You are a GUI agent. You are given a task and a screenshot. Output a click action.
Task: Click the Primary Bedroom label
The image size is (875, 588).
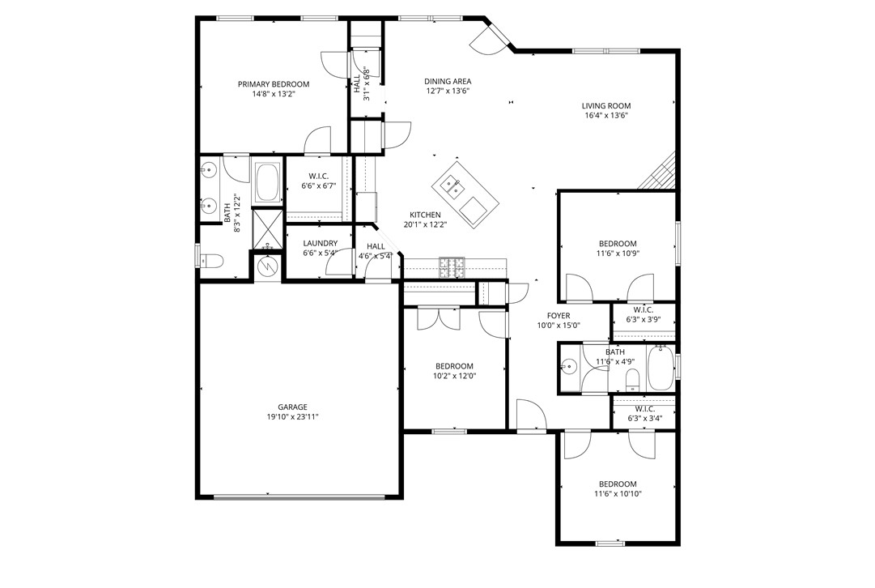point(273,84)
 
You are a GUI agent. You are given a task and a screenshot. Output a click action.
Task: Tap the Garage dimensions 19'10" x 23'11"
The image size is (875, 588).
point(292,417)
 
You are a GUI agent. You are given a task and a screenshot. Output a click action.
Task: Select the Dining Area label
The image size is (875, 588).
point(448,81)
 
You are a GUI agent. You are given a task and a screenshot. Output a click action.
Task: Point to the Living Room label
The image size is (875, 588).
point(605,105)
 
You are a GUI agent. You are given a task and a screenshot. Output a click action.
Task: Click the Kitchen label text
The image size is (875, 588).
point(425,215)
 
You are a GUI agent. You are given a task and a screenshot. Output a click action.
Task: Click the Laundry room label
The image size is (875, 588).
point(320,243)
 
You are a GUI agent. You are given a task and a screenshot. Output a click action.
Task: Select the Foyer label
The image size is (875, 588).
point(559,316)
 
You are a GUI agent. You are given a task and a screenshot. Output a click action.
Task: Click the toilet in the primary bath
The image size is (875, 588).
point(213,261)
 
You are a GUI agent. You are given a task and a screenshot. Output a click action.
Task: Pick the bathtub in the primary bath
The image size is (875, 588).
point(268,184)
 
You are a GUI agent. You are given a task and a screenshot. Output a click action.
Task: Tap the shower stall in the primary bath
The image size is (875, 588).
point(268,229)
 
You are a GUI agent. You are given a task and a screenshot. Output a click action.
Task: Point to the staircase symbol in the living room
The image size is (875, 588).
point(660,173)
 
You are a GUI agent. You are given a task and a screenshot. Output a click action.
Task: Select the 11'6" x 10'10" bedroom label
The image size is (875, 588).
point(618,484)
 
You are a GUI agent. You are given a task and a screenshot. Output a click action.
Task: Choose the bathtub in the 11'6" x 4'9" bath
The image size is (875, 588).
point(658,370)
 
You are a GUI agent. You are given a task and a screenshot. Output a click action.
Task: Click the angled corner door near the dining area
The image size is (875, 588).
point(491,38)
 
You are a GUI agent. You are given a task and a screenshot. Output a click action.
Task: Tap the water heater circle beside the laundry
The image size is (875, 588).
point(266,266)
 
